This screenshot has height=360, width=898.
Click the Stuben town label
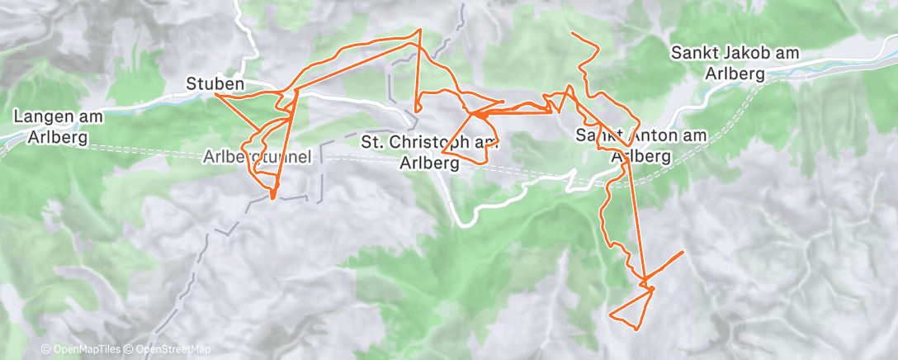pyautogui.click(x=215, y=84)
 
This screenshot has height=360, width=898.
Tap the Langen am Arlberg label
pyautogui.click(x=57, y=127)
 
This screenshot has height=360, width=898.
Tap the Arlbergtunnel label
pyautogui.click(x=259, y=158)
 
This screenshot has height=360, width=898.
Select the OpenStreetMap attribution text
pyautogui.click(x=169, y=350)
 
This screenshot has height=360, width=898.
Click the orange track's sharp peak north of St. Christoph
pyautogui.click(x=420, y=31)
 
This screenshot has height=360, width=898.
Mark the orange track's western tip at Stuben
pyautogui.click(x=215, y=94)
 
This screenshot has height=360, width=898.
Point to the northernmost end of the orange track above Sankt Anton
pyautogui.click(x=573, y=32)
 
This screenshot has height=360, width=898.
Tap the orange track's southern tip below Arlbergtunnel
pyautogui.click(x=272, y=198)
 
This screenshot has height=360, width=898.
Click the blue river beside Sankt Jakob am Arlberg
pyautogui.click(x=825, y=63)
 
